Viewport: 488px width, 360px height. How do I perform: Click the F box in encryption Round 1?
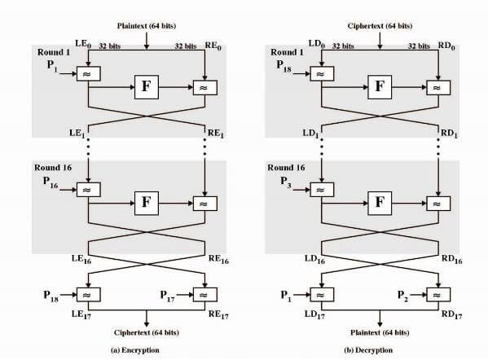pos(147,87)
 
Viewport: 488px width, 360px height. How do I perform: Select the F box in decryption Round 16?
pos(380,203)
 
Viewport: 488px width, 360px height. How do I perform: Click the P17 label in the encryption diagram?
pos(168,296)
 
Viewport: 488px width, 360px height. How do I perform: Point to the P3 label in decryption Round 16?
pos(286,182)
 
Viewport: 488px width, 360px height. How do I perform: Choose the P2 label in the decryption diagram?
pos(402,296)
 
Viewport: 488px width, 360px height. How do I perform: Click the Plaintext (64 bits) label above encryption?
pos(147,26)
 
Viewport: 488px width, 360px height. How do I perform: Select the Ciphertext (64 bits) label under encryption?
pos(147,332)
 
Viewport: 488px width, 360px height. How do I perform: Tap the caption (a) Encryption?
pos(135,350)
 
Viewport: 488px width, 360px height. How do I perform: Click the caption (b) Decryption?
pos(368,350)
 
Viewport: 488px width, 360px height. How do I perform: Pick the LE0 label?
pos(83,44)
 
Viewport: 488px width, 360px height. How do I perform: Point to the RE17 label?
pos(218,315)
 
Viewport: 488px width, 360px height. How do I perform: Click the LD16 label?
pos(314,259)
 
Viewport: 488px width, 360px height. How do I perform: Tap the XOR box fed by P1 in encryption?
pos(88,74)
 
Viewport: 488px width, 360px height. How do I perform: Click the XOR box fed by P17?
pos(205,294)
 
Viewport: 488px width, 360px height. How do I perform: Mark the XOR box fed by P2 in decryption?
pos(438,294)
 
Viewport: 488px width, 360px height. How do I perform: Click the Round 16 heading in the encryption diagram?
pos(53,168)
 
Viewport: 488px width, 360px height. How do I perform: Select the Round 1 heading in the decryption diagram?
pos(287,52)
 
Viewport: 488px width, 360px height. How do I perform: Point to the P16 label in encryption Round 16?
pos(51,182)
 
